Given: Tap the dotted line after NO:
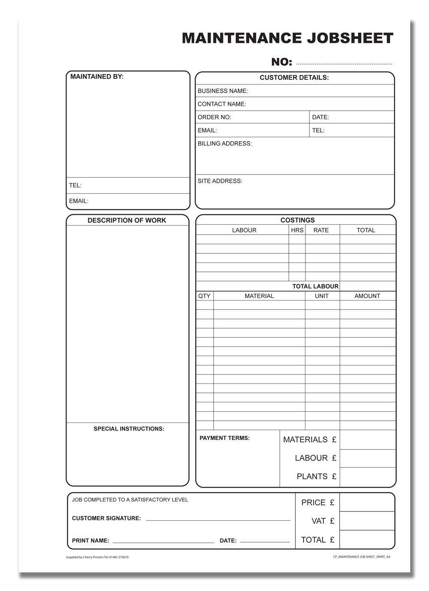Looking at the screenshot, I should (x=344, y=63).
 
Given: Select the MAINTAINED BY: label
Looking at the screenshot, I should (x=97, y=77).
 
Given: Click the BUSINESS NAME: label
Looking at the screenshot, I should (x=223, y=91).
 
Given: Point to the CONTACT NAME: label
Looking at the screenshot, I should (x=222, y=104).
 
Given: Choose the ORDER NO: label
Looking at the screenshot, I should (x=214, y=118).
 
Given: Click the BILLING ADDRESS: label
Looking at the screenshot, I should (x=225, y=144).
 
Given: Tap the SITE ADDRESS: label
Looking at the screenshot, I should (x=220, y=181).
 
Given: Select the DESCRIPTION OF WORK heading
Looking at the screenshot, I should (x=127, y=220).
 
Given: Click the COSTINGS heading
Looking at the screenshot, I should (x=298, y=220).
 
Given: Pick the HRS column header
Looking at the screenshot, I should (x=297, y=230).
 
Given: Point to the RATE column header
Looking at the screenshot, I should (x=321, y=230).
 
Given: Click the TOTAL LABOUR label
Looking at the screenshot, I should (x=315, y=286).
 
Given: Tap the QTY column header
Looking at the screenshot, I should (x=204, y=296).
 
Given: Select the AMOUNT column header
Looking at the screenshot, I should (x=367, y=296).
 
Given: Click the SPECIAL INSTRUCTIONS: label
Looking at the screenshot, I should (x=129, y=429).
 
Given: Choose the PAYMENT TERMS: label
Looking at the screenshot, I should (x=225, y=438).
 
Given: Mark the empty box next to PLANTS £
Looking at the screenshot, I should (x=367, y=477).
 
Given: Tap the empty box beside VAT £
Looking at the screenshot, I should (x=367, y=521).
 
